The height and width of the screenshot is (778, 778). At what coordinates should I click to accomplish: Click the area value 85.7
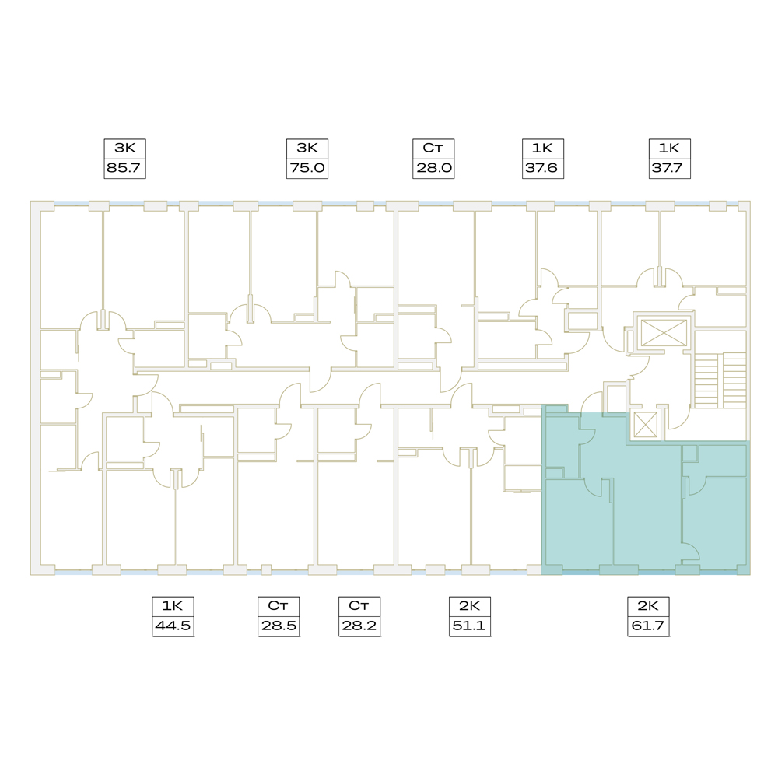(x=124, y=168)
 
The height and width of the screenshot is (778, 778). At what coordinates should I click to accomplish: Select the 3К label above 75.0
(x=307, y=148)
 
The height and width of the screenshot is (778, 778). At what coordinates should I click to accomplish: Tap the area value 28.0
(x=433, y=168)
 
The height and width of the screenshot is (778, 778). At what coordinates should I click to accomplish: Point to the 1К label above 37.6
(x=542, y=148)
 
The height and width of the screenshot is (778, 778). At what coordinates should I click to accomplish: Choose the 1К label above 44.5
(x=173, y=606)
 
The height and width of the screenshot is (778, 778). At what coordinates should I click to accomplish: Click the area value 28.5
(x=279, y=626)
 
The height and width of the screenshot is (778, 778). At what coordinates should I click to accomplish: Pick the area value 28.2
(x=359, y=626)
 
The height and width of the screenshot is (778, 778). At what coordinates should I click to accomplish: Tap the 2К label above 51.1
(x=469, y=606)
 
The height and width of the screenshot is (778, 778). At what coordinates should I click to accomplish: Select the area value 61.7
(x=648, y=626)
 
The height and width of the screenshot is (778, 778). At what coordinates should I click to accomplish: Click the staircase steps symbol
(x=720, y=380)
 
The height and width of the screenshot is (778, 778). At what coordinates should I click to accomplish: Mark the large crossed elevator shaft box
(x=664, y=333)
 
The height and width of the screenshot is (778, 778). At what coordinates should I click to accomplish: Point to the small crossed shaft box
(x=646, y=426)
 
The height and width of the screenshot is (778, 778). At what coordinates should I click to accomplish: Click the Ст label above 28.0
(x=433, y=148)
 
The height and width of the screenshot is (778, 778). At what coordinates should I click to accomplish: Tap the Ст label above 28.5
(x=278, y=606)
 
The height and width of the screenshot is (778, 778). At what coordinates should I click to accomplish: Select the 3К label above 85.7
(x=124, y=148)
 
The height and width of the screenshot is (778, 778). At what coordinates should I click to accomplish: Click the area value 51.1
(x=469, y=626)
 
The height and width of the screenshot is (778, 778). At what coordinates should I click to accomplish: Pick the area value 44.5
(x=173, y=626)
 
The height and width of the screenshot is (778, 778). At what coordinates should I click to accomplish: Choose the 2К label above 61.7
(x=648, y=606)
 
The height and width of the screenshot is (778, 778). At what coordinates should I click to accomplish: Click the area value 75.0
(x=307, y=168)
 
